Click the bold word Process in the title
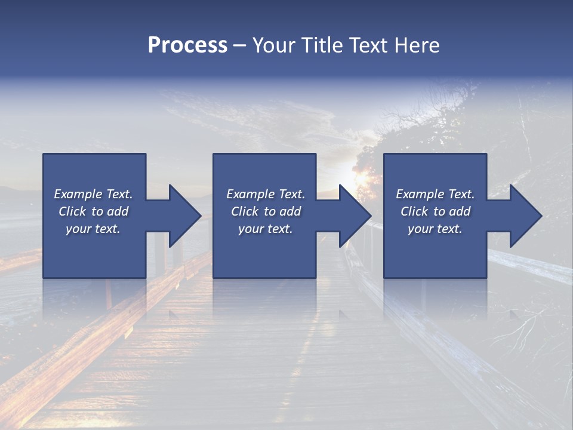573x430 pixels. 187,45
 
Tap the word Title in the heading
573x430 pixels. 323,45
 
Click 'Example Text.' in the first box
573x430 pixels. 93,194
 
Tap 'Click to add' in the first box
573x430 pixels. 93,211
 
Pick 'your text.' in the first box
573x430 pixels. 93,229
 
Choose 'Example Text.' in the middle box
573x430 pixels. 266,194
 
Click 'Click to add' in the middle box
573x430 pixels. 266,211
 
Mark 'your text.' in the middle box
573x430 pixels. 266,229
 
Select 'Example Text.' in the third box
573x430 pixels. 435,194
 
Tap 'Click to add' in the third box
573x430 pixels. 435,211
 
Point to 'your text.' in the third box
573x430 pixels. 435,229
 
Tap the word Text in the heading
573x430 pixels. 366,45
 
